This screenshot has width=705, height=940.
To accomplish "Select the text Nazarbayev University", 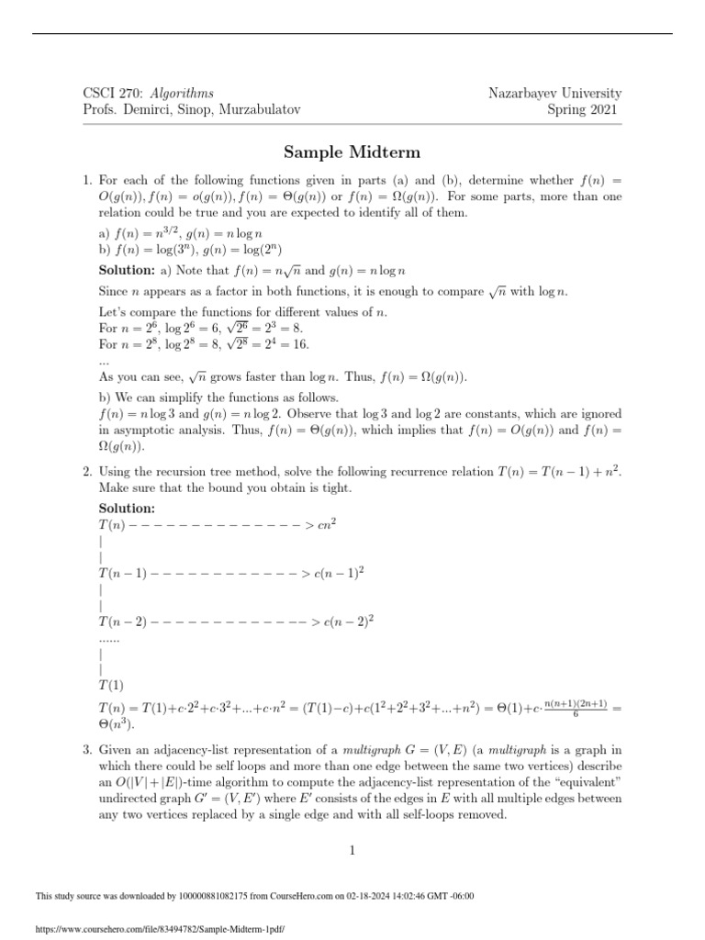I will coord(556,94).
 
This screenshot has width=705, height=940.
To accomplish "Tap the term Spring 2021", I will coord(584,110).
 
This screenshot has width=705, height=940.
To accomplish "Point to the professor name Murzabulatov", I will coord(257,110).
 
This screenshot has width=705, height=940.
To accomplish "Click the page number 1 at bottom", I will coord(352,852).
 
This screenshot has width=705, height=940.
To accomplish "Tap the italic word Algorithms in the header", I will coord(182,94).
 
